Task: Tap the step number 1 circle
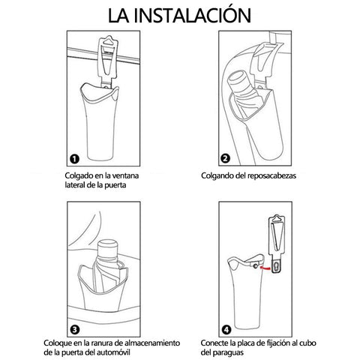tap(74, 159)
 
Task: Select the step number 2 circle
tap(226, 158)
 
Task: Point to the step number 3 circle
tap(75, 330)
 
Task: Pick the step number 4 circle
tap(226, 330)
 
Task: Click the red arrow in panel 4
tap(265, 268)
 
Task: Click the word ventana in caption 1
tap(125, 175)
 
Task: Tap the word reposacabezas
tap(272, 176)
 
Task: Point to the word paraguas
tap(228, 353)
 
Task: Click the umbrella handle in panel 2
tap(238, 80)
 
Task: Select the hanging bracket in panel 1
tap(108, 61)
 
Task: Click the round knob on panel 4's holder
tap(255, 266)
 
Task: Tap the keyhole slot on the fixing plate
tap(276, 267)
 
